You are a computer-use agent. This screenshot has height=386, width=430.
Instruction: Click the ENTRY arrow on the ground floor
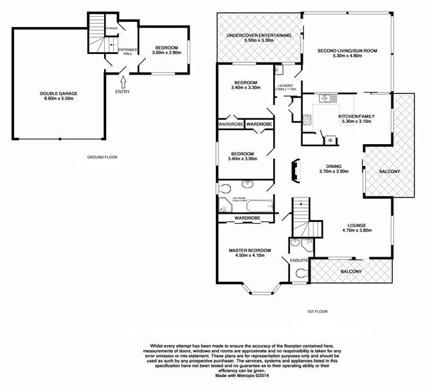123,80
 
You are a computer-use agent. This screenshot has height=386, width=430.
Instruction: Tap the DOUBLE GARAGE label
58,93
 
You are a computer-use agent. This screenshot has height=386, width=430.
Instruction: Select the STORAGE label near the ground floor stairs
111,29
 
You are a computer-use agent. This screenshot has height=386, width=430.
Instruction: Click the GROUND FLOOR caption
103,157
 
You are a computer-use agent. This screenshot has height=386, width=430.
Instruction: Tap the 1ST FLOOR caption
318,311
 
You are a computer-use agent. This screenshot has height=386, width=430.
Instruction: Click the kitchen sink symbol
325,98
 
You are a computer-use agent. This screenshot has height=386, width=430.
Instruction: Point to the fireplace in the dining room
294,170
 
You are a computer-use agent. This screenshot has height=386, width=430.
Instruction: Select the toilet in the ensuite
301,273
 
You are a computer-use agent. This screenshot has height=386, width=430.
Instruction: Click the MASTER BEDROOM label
250,250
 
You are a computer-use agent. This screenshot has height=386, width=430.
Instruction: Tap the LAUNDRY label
285,85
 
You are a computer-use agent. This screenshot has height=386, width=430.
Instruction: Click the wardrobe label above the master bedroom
247,219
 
